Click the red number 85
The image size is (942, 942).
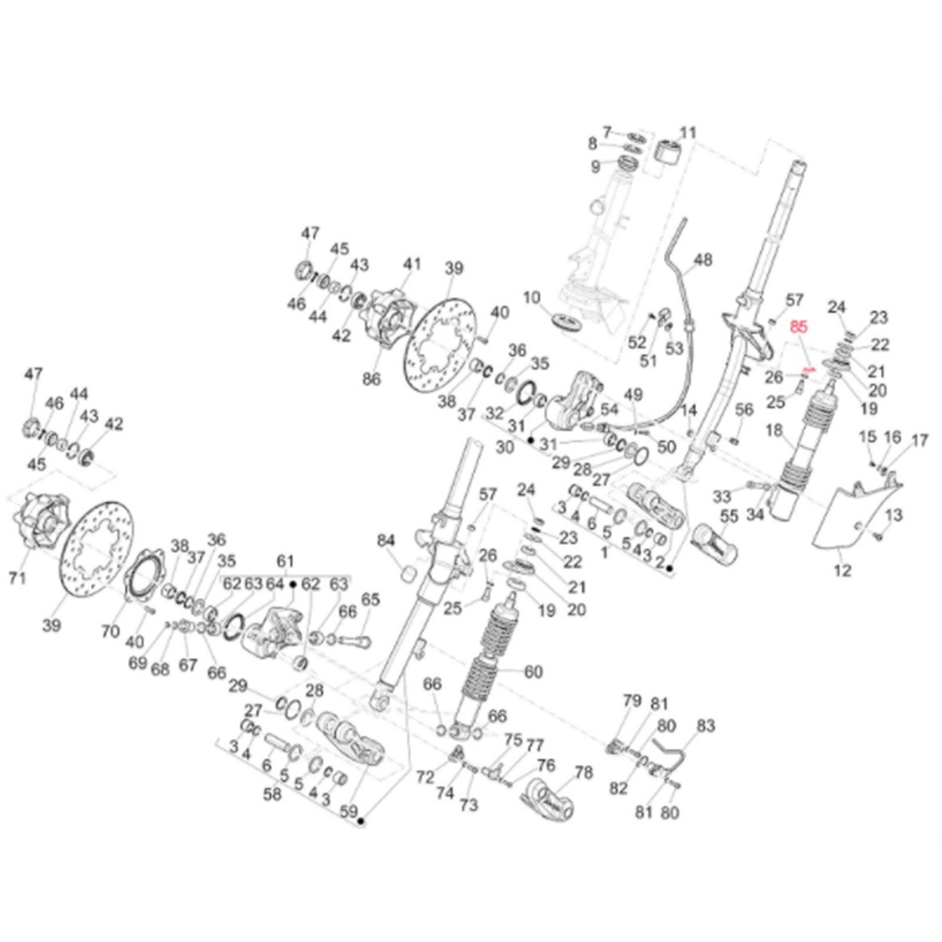pos(799,326)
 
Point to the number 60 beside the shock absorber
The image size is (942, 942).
pos(533,671)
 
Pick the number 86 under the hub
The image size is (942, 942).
pos(371,381)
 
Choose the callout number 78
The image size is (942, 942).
pos(584,773)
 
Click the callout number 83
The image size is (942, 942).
pos(706,726)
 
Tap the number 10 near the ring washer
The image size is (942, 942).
pos(532,298)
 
